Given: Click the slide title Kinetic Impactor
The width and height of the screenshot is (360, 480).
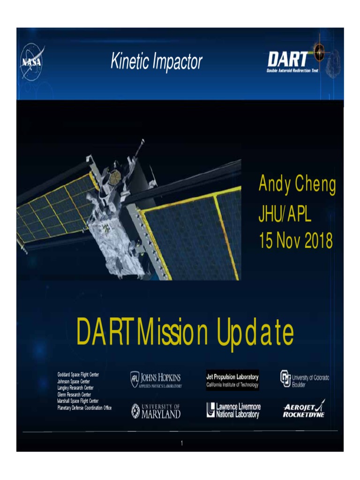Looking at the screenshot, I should point(157,61).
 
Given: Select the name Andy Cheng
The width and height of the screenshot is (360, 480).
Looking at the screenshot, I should point(297,185).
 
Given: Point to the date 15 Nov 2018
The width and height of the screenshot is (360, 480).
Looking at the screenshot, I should point(295,241).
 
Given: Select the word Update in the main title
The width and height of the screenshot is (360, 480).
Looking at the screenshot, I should point(255,333).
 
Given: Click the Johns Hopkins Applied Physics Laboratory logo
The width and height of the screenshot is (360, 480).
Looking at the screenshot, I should point(156,380).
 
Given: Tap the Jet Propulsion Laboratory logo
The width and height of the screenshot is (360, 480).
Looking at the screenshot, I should point(232,380).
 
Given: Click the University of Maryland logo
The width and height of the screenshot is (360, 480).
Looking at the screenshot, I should point(156,411).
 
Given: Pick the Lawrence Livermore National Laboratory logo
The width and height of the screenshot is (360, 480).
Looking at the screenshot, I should point(232,410).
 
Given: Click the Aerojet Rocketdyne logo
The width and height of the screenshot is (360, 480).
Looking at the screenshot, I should point(304,409).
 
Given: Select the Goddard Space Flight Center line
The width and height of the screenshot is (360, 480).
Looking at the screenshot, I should point(78,375).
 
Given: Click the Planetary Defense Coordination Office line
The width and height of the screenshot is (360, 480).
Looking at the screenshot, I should point(84,408).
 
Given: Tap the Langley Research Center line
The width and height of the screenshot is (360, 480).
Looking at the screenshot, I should point(75,388).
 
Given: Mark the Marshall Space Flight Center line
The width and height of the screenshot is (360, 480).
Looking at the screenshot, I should point(78,401).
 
